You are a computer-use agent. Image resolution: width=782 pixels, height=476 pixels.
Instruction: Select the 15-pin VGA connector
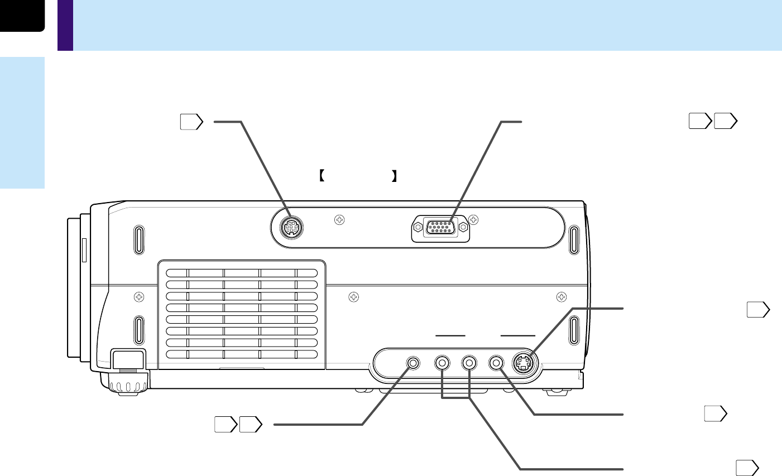pyautogui.click(x=440, y=229)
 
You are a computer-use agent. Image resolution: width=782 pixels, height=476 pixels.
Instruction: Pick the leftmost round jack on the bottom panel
pyautogui.click(x=414, y=363)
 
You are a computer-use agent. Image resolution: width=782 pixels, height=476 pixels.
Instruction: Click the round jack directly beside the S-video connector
pyautogui.click(x=496, y=363)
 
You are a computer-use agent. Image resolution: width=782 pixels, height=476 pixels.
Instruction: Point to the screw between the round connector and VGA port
pyautogui.click(x=338, y=220)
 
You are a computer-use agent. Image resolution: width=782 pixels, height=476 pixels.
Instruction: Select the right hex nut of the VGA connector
pyautogui.click(x=463, y=227)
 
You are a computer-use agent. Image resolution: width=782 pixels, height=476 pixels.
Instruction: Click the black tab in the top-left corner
pyautogui.click(x=21, y=15)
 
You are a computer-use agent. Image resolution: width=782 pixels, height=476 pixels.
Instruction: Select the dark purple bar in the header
pyautogui.click(x=65, y=25)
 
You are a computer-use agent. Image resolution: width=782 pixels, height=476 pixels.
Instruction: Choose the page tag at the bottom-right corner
pyautogui.click(x=746, y=468)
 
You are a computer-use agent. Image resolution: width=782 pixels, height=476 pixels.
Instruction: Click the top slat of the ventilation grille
pyautogui.click(x=241, y=273)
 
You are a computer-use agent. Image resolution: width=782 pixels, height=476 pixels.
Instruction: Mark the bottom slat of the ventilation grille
pyautogui.click(x=241, y=354)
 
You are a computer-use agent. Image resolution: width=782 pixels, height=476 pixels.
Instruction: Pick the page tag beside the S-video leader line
pyautogui.click(x=758, y=310)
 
